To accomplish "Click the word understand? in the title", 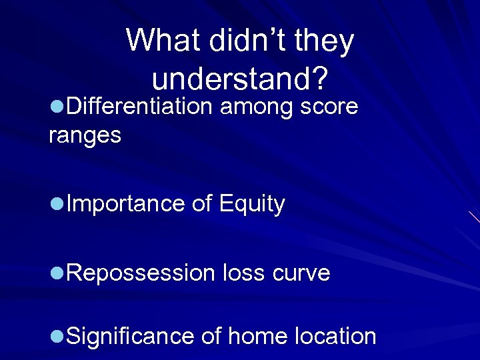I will pyautogui.click(x=239, y=80).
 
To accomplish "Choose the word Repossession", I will pyautogui.click(x=141, y=273).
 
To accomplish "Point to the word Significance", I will pyautogui.click(x=131, y=337).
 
